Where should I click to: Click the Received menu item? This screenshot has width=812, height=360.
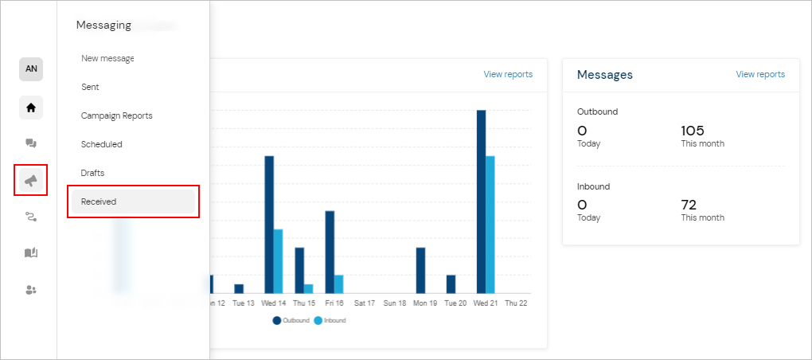pyautogui.click(x=99, y=202)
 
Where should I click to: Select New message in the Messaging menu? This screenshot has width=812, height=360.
pyautogui.click(x=107, y=58)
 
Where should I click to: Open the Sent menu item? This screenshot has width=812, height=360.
pyautogui.click(x=90, y=87)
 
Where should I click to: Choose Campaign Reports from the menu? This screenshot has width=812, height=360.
pyautogui.click(x=116, y=115)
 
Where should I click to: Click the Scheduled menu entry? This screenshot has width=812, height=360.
pyautogui.click(x=101, y=144)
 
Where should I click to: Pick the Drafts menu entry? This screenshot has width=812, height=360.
pyautogui.click(x=92, y=173)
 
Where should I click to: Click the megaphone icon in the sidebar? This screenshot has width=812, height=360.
pyautogui.click(x=31, y=181)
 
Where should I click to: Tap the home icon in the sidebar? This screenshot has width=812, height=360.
pyautogui.click(x=31, y=108)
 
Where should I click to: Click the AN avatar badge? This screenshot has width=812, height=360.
pyautogui.click(x=31, y=69)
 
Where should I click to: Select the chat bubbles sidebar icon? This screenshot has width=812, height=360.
pyautogui.click(x=31, y=143)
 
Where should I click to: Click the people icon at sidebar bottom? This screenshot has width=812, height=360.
pyautogui.click(x=31, y=290)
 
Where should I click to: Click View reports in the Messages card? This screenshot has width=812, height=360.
pyautogui.click(x=759, y=74)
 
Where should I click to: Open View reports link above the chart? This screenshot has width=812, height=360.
pyautogui.click(x=508, y=74)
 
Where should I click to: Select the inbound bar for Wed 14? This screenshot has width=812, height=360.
pyautogui.click(x=278, y=261)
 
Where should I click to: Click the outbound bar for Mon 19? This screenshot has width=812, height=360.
pyautogui.click(x=420, y=270)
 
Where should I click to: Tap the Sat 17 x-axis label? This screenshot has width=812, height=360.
pyautogui.click(x=365, y=303)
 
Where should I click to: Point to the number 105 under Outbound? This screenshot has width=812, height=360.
pyautogui.click(x=693, y=131)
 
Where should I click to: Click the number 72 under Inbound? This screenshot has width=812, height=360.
pyautogui.click(x=689, y=205)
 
